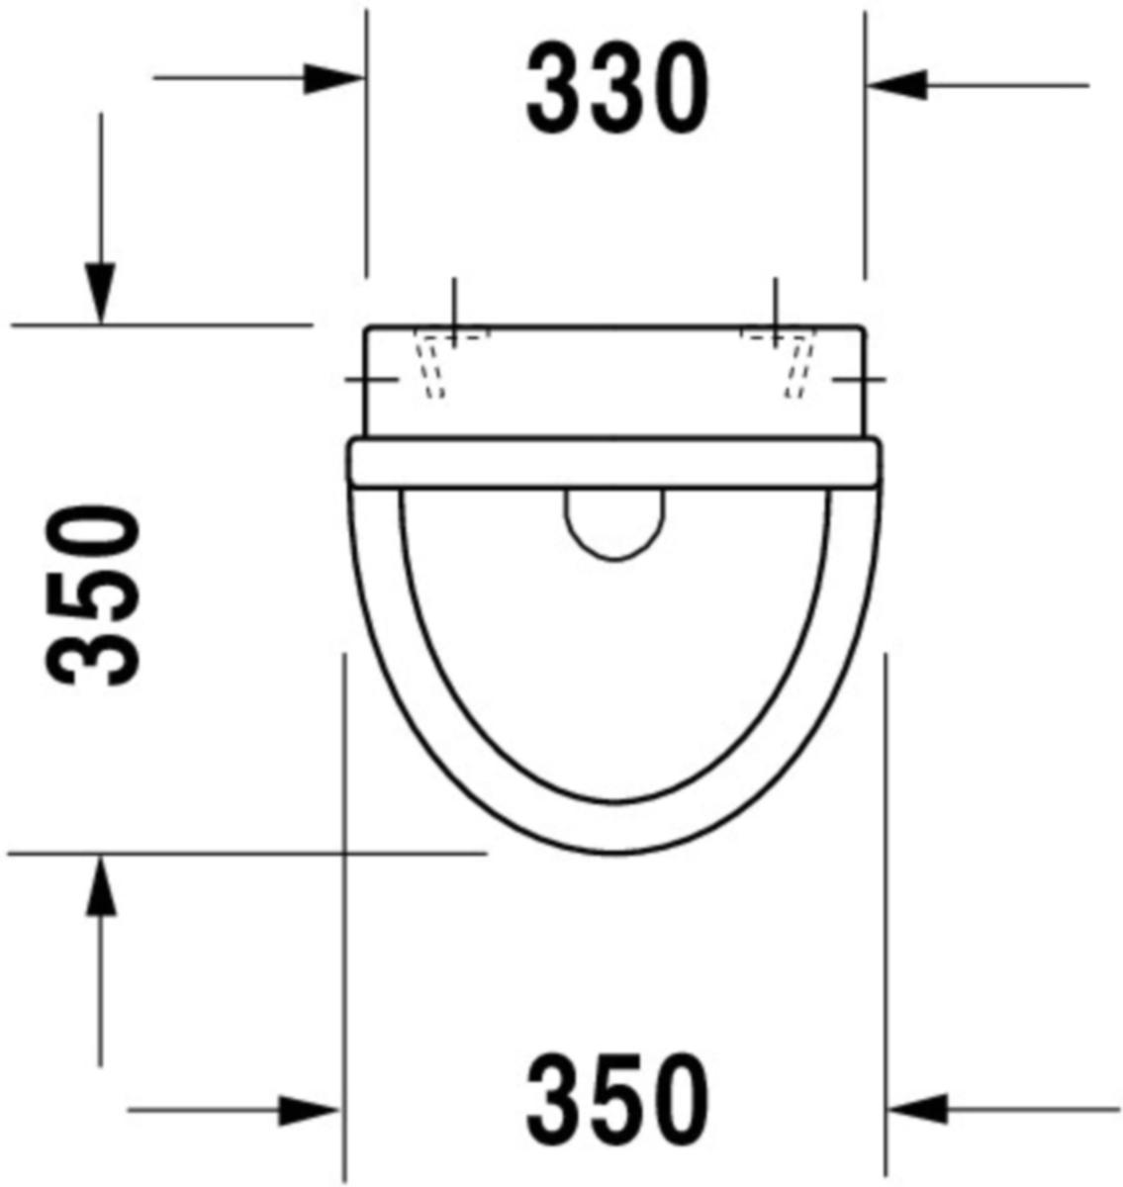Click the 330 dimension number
point(616,88)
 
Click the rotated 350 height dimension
point(92,595)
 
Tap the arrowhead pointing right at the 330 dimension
point(333,78)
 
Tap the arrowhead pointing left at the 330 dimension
point(897,85)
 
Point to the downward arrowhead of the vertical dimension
point(100,294)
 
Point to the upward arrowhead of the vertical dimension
point(100,886)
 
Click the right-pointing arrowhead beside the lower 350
point(309,1110)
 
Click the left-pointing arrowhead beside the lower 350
point(917,1110)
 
